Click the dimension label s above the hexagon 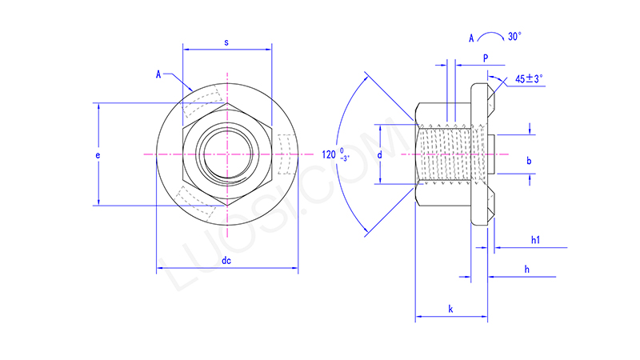227,42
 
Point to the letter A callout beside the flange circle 159,74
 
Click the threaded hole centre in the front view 227,153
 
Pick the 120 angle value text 329,154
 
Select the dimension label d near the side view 380,153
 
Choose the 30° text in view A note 514,37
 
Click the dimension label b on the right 529,161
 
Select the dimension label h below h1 526,270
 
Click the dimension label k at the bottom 450,308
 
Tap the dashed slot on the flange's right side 286,153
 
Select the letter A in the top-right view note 472,38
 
